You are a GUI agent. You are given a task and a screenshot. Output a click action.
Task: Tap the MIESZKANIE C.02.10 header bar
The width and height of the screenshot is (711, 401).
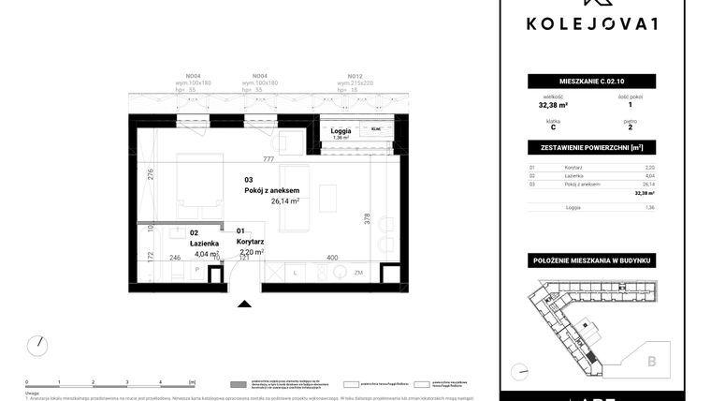click(589, 81)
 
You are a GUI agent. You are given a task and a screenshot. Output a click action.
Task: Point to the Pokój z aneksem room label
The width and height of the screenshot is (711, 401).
click(272, 189)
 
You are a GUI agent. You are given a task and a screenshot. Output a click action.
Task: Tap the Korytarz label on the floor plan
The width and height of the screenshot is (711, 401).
click(249, 241)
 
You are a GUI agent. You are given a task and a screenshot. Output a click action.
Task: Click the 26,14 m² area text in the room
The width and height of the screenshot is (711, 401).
click(284, 200)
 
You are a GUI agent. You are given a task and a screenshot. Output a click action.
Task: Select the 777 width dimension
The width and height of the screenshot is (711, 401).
click(268, 160)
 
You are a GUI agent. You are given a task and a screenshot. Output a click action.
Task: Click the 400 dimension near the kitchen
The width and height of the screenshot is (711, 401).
click(331, 257)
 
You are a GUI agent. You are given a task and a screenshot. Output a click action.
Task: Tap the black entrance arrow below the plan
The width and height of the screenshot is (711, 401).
click(244, 304)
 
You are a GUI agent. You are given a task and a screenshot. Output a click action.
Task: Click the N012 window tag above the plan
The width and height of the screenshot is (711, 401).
click(355, 76)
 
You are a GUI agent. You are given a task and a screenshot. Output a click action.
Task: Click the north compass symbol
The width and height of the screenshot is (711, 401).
click(36, 345)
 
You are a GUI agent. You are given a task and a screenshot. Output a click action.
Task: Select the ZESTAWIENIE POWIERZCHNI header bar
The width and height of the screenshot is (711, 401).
click(589, 148)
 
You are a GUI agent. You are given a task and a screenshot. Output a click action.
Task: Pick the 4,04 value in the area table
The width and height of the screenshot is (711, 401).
click(649, 175)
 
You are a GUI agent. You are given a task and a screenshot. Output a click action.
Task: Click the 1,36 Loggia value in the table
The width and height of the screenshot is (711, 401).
click(649, 207)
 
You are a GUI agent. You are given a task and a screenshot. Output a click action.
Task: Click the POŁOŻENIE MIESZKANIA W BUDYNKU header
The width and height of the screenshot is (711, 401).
click(589, 259)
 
